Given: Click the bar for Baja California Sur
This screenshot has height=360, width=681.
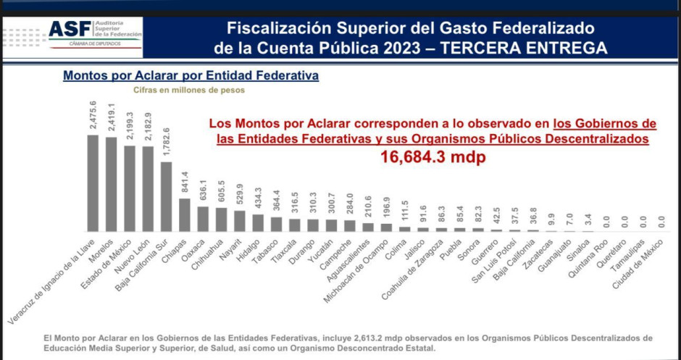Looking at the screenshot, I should click(166, 196).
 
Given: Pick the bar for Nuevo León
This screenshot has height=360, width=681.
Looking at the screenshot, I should click(148, 188).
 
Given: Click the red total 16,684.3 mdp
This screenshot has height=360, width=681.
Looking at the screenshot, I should click(433, 156).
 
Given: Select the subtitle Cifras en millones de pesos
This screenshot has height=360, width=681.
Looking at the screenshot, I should click(188, 91).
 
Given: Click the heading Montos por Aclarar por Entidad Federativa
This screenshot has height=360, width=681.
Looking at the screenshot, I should click(191, 75).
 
